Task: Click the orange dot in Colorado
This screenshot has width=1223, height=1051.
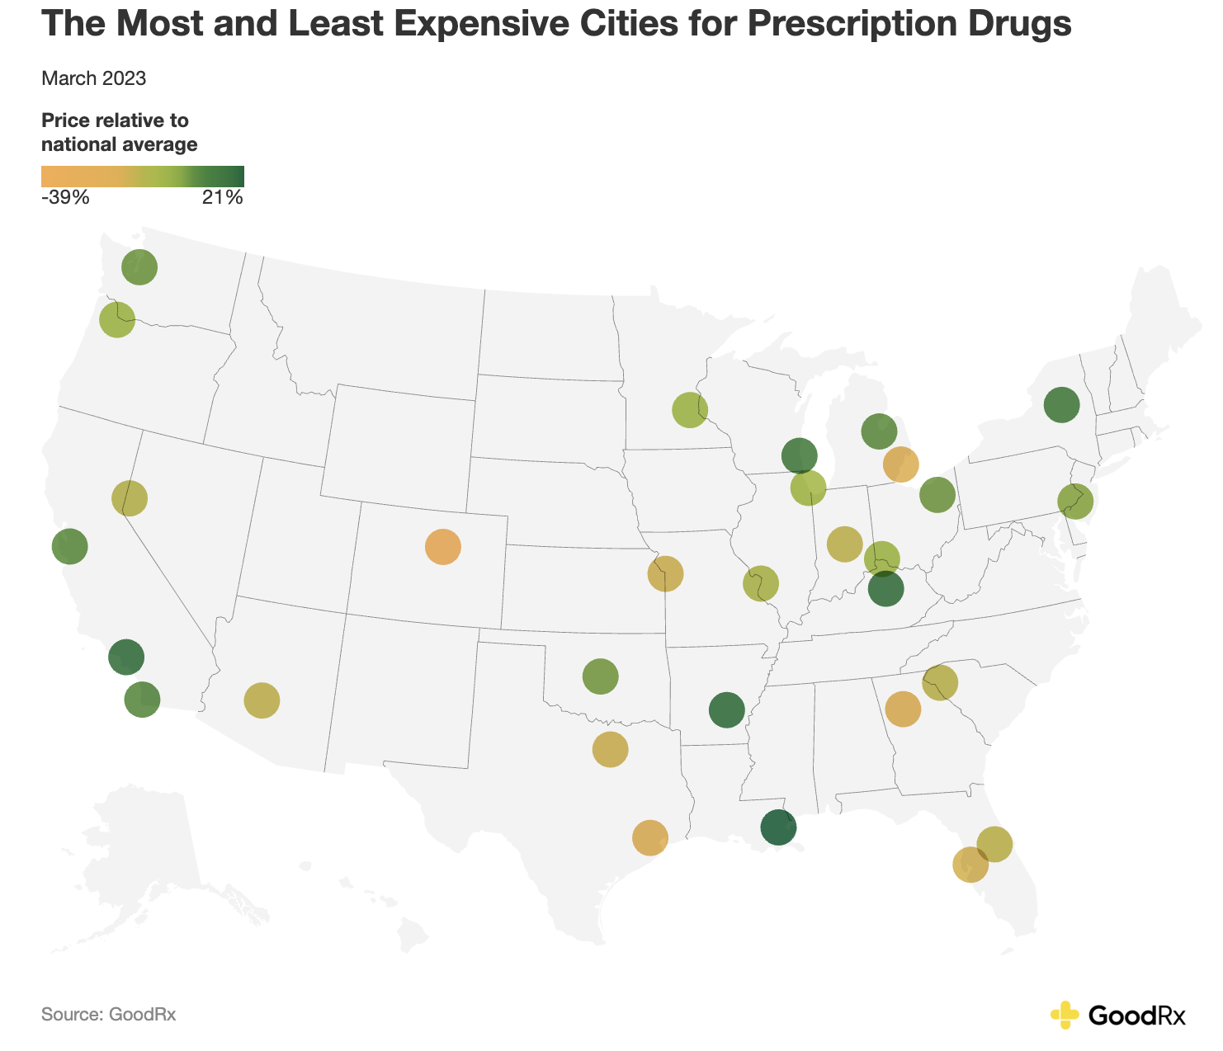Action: point(442,547)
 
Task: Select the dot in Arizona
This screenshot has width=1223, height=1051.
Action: point(262,700)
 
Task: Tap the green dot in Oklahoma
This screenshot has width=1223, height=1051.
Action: point(600,676)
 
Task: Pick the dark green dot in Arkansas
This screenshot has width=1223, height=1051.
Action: point(726,709)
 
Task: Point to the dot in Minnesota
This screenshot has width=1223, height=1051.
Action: point(690,410)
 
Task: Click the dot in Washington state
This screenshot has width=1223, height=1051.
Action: point(139,266)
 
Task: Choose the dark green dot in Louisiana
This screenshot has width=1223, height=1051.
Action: point(778,827)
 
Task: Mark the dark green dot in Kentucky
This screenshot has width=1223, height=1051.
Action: point(886,590)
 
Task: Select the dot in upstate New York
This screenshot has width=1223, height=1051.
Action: point(1061,404)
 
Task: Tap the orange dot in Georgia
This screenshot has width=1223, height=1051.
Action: point(903,709)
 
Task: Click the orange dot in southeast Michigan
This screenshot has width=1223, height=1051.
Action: point(900,464)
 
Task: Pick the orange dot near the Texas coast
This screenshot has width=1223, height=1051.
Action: point(649,837)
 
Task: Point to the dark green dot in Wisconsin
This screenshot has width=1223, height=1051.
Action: point(799,455)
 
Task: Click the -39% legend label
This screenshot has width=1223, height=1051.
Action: point(64,198)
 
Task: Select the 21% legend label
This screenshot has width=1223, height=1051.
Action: point(223,198)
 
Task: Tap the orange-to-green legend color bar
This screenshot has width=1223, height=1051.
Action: point(143,177)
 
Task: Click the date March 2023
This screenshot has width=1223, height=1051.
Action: point(93,79)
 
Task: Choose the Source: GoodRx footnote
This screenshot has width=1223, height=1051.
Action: point(108,1015)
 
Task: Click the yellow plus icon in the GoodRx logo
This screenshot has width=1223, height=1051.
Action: point(1065,1015)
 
